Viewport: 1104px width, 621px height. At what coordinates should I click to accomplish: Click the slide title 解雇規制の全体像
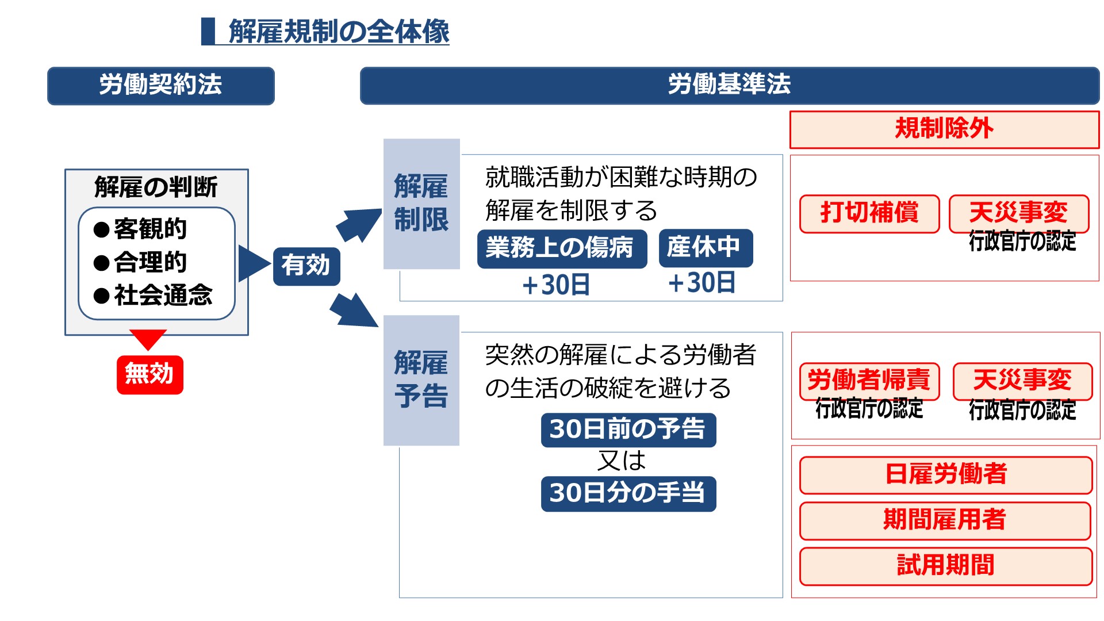tap(338, 31)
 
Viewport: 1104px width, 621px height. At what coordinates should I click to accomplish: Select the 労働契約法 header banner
tap(160, 86)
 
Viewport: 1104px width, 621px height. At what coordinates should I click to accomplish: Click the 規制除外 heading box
tap(944, 129)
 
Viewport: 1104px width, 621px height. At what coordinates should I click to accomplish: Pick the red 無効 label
tap(149, 374)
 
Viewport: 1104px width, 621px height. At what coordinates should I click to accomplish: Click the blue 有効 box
tap(306, 266)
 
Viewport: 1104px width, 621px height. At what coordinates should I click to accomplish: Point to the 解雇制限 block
tap(421, 204)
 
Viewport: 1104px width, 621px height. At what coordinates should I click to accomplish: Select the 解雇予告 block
tap(421, 380)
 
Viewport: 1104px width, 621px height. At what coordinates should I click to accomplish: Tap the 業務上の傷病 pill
tap(561, 248)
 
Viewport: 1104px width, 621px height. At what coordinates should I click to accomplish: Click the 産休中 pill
tap(705, 248)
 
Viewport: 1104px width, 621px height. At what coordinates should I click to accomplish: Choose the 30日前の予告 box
tap(628, 430)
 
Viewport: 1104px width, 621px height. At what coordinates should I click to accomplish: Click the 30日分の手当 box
tap(628, 493)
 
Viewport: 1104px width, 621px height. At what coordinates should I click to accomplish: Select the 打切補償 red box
tap(869, 213)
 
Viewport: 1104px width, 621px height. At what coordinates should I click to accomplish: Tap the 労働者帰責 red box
tap(869, 381)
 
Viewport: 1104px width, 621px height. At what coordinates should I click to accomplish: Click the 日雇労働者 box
tap(945, 475)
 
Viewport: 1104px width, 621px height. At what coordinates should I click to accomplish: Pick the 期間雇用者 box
tap(945, 520)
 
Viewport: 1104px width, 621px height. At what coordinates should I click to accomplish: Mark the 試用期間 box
tap(945, 566)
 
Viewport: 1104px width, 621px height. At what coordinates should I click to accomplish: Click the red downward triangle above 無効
tap(148, 338)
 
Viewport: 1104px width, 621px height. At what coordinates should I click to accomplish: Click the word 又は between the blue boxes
tap(622, 461)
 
